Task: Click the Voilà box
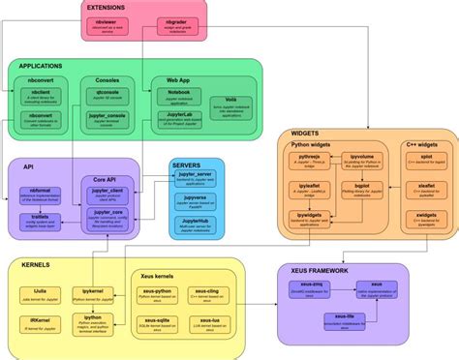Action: (x=231, y=106)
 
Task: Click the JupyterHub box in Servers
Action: (x=196, y=225)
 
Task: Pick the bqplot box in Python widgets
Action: (x=362, y=186)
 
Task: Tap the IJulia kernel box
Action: (x=42, y=291)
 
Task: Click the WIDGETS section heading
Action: (x=306, y=134)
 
